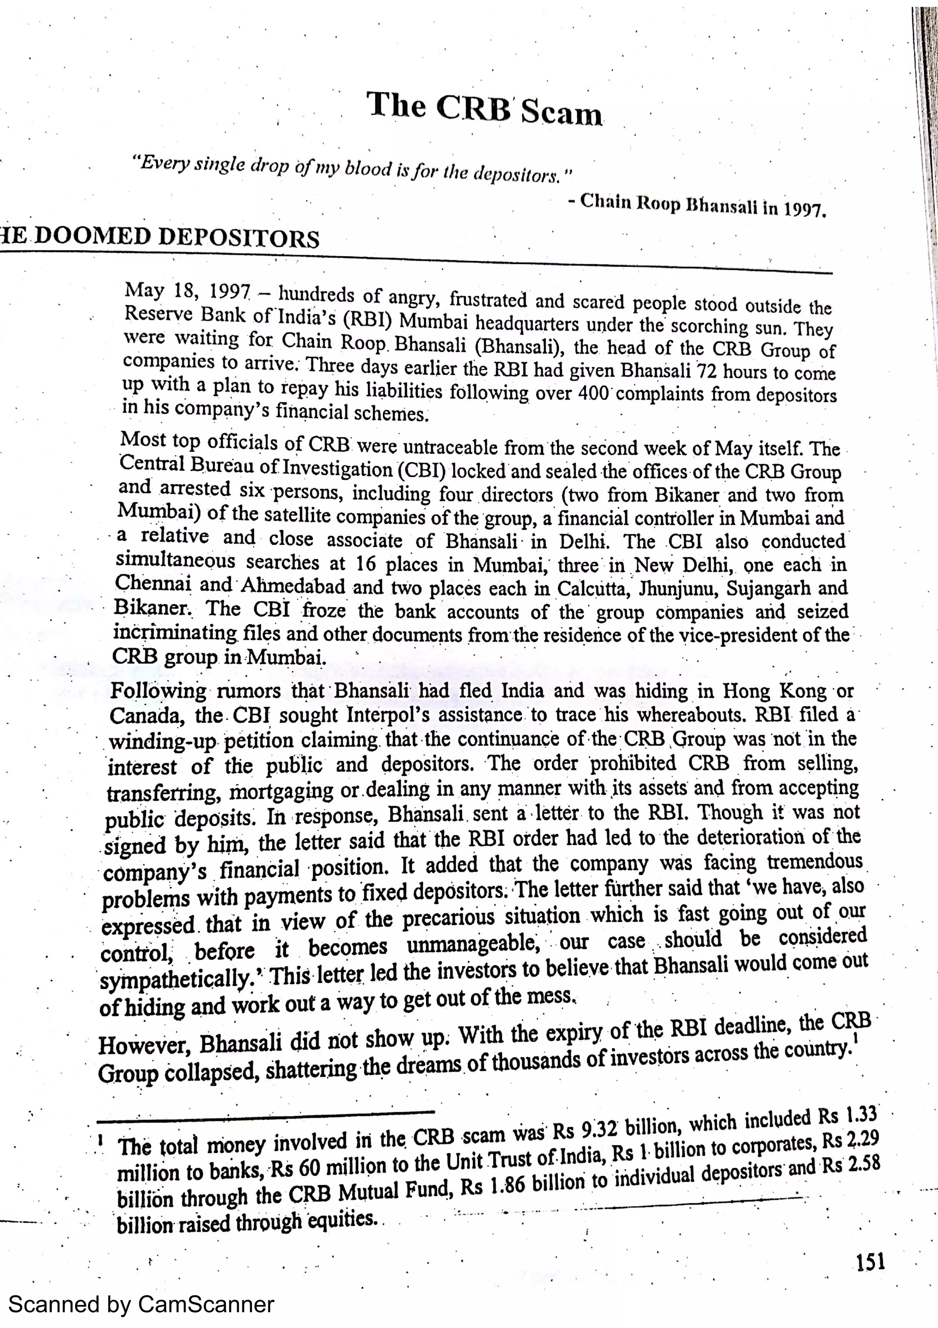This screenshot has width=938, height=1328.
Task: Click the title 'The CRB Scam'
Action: point(484,109)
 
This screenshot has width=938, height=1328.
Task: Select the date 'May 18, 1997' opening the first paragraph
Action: point(187,291)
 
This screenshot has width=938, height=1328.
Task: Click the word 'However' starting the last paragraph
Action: point(144,1045)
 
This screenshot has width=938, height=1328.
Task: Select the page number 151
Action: point(870,1262)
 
